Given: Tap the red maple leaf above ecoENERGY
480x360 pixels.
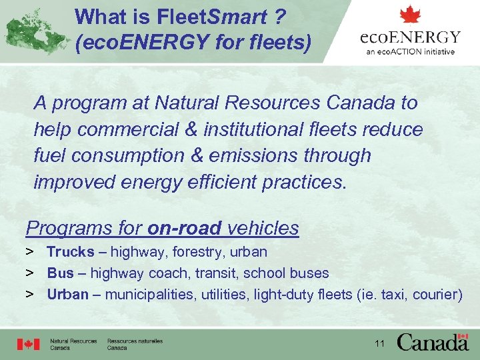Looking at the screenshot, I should (411, 15).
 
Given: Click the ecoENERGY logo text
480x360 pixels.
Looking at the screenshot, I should (410, 37).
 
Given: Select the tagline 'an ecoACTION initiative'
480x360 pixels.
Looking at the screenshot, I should (411, 51).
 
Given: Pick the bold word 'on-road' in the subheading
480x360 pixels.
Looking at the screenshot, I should (185, 228).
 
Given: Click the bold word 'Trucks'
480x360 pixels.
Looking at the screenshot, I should (70, 252).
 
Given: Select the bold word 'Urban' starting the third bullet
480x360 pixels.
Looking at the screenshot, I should (67, 294).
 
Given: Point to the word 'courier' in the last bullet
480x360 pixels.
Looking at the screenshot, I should (435, 294).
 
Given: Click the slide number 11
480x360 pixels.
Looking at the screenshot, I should (380, 344).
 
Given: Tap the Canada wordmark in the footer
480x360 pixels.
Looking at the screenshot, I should (433, 342).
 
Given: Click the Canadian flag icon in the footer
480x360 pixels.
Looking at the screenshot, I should (29, 344).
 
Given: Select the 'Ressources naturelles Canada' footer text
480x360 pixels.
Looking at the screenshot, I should (135, 344).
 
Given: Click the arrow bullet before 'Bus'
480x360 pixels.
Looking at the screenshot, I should (30, 273).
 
